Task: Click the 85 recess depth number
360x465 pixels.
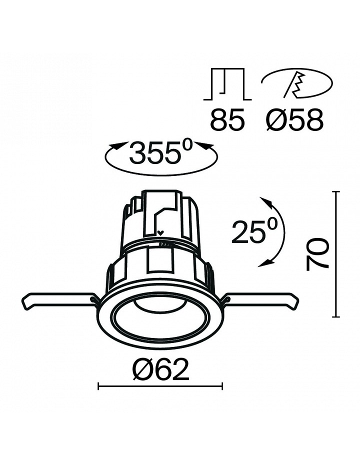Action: point(227,119)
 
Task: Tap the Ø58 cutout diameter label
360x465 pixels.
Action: point(294,119)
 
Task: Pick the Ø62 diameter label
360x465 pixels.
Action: point(160,369)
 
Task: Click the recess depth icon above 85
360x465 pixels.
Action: point(227,84)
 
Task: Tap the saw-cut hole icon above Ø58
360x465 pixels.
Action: point(297,84)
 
